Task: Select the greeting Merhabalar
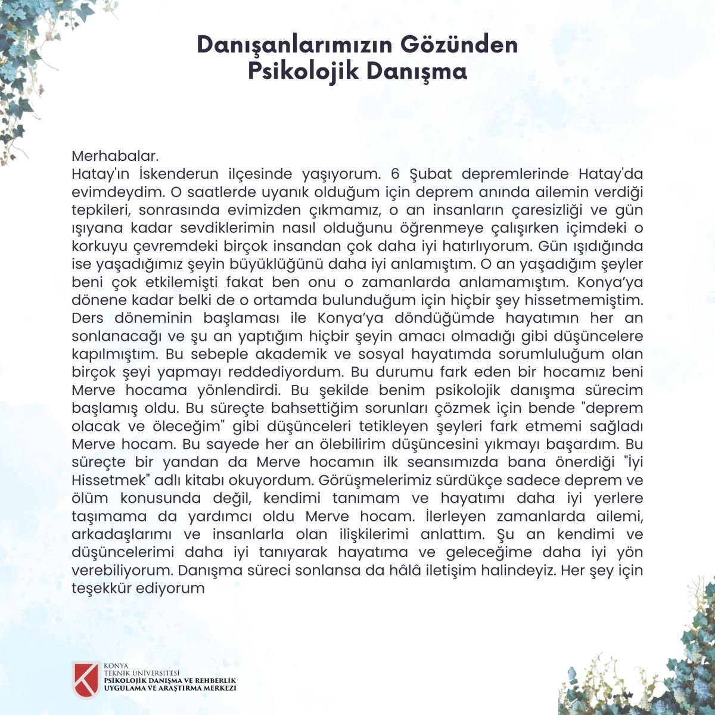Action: pos(115,156)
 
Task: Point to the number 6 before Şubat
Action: pos(394,175)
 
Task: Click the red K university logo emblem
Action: pos(85,679)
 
